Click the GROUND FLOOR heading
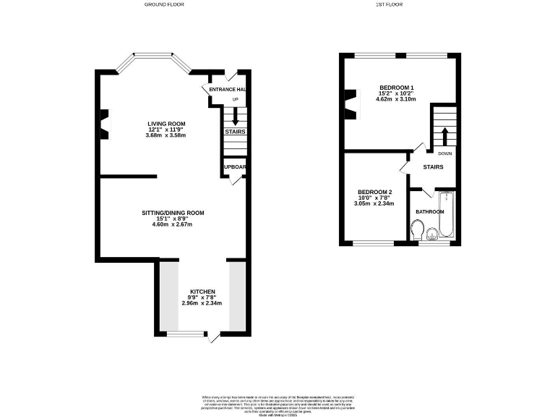(164, 4)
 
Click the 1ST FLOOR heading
(389, 4)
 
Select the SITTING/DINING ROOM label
(173, 213)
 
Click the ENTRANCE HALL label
(227, 89)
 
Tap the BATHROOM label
(429, 211)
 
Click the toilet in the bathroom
(417, 230)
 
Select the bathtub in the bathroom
(446, 216)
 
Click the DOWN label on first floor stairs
(445, 153)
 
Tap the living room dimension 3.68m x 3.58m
(165, 135)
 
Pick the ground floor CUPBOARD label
(235, 167)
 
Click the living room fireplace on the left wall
(103, 123)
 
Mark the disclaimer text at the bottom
(277, 403)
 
